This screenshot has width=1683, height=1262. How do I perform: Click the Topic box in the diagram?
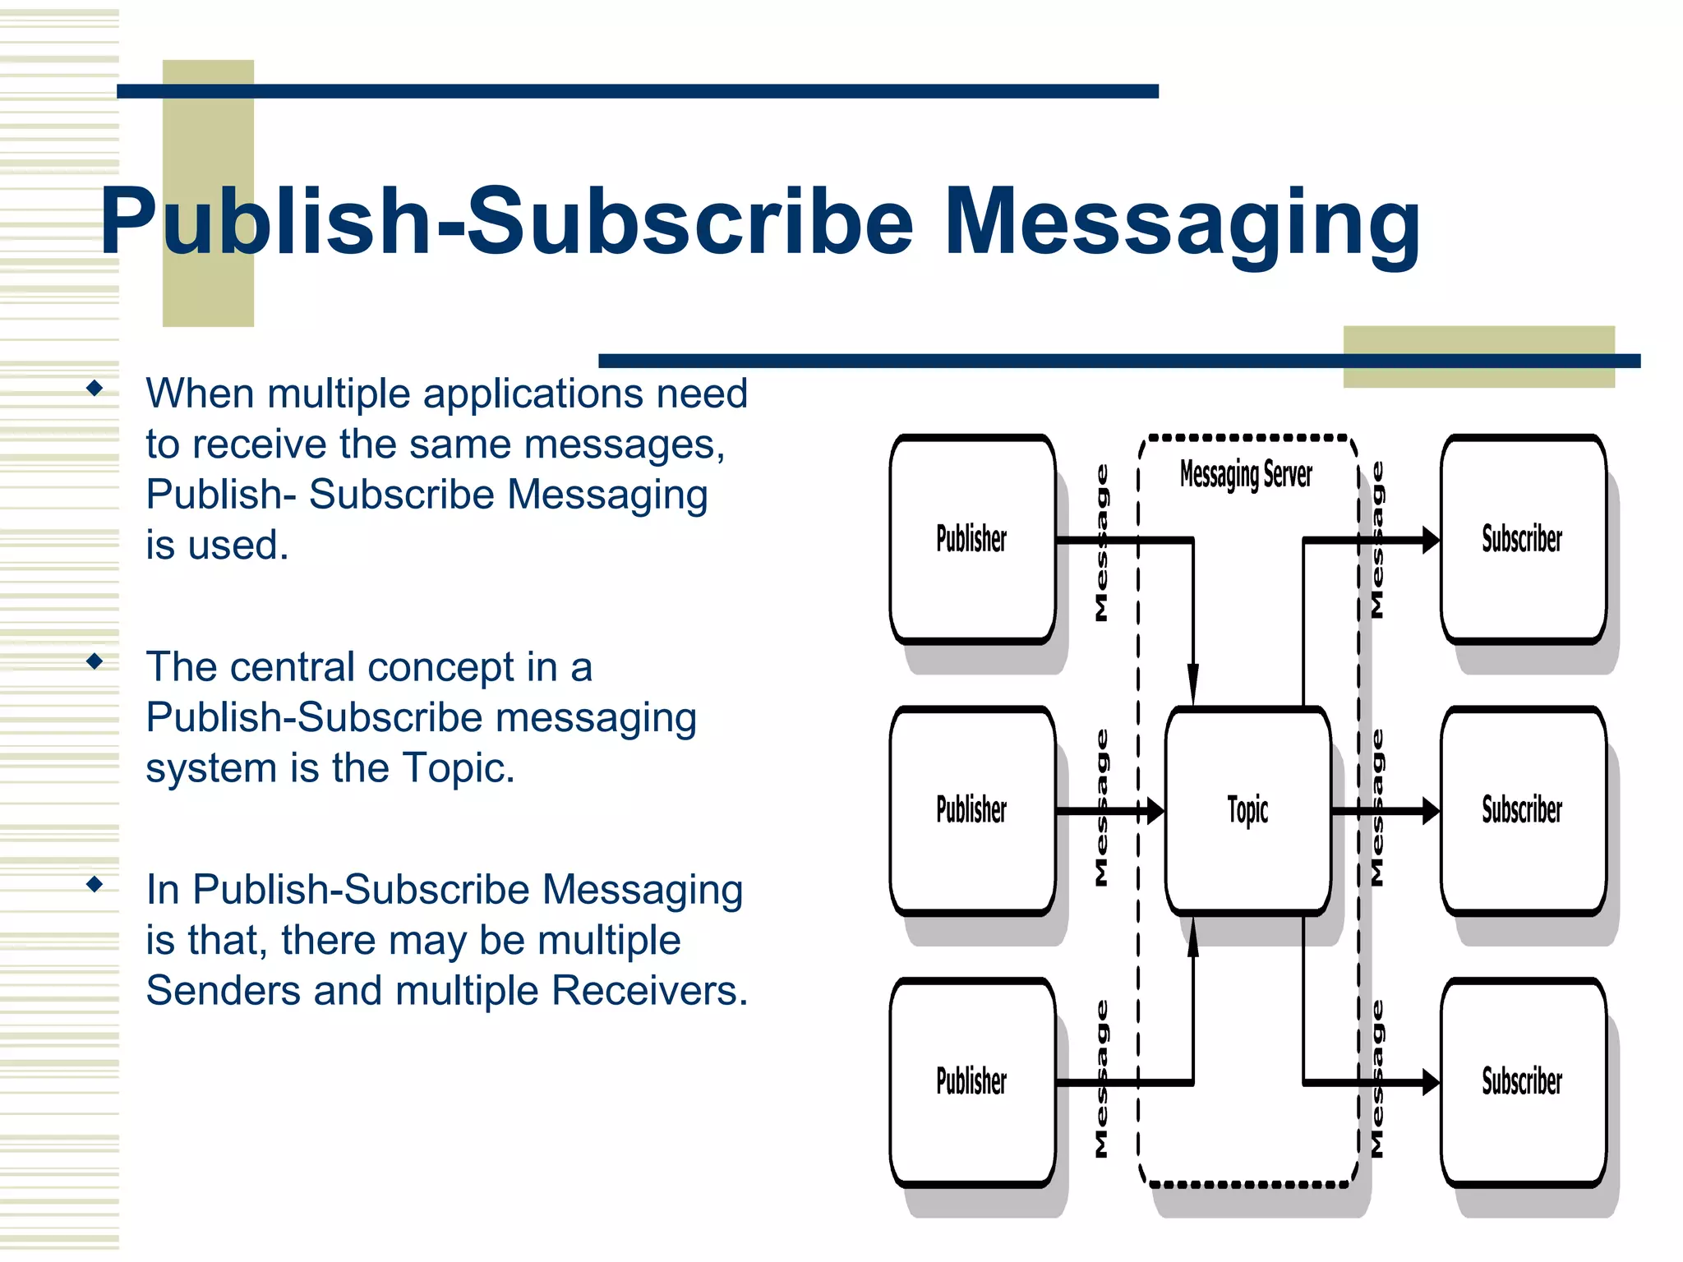1247,810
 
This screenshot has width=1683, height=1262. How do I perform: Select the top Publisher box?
972,539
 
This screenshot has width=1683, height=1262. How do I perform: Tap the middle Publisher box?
972,810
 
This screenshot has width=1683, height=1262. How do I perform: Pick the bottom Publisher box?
972,1081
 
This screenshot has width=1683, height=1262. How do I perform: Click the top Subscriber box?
1523,539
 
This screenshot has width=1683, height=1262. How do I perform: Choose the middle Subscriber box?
1523,810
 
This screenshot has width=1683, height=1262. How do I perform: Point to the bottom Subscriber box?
1523,1081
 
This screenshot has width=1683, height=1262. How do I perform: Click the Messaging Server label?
1246,475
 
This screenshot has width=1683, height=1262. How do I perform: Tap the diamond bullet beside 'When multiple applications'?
95,388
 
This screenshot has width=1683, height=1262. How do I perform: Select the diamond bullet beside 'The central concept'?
95,661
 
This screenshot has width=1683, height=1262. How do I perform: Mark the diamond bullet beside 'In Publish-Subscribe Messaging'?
95,884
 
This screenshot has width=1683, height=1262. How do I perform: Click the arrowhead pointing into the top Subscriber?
1430,540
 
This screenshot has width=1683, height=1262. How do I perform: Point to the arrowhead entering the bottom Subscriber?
1430,1082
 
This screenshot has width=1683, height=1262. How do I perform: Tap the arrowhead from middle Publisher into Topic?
1155,811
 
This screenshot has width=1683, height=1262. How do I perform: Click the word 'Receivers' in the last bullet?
649,990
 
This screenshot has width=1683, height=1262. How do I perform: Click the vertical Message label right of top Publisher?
1102,542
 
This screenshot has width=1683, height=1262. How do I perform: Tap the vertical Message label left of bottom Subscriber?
1378,1078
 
